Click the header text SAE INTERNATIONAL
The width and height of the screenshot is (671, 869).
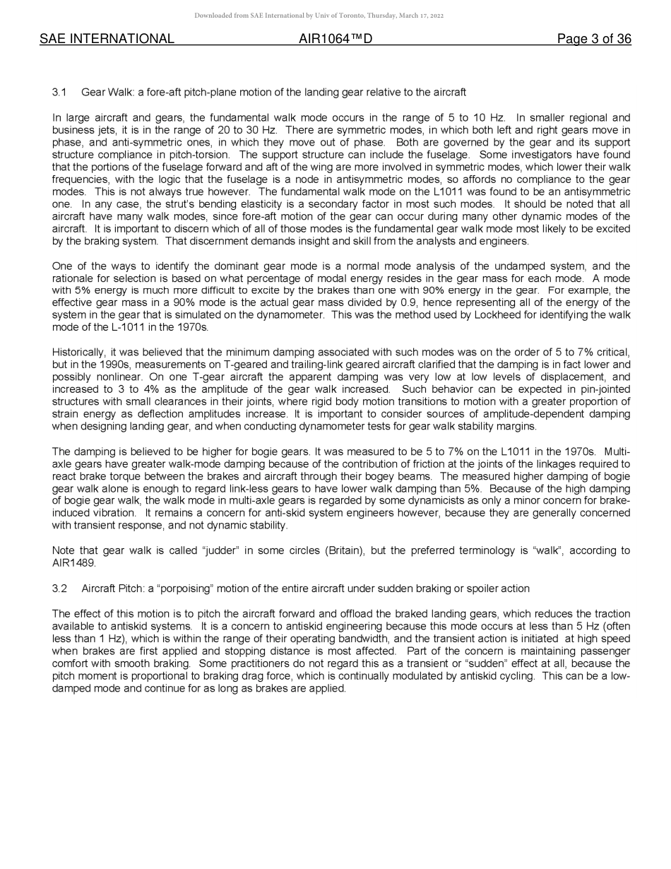[107, 39]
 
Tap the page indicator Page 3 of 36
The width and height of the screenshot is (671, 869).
[594, 39]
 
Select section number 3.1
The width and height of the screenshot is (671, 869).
[59, 93]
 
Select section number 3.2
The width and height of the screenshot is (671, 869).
[59, 589]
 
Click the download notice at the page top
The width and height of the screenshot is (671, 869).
[319, 16]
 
